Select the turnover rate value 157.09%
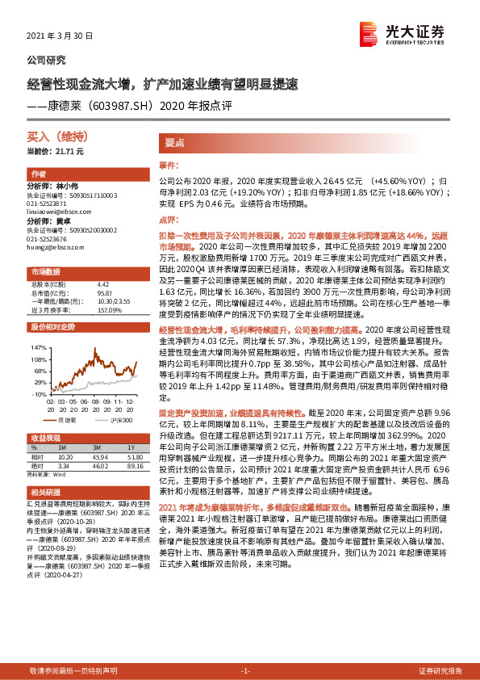click(109, 311)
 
